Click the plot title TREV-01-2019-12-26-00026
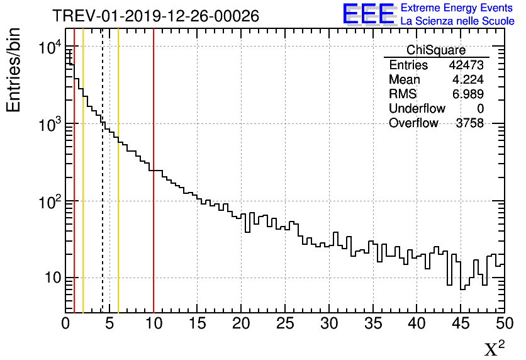155,16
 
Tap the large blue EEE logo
368,14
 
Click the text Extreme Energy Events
457,8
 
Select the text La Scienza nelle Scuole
457,21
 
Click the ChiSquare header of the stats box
436,50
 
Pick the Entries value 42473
466,65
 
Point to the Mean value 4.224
469,80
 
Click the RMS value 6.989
469,94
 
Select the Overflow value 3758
469,123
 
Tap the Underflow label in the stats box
417,109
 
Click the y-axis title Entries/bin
14,69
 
